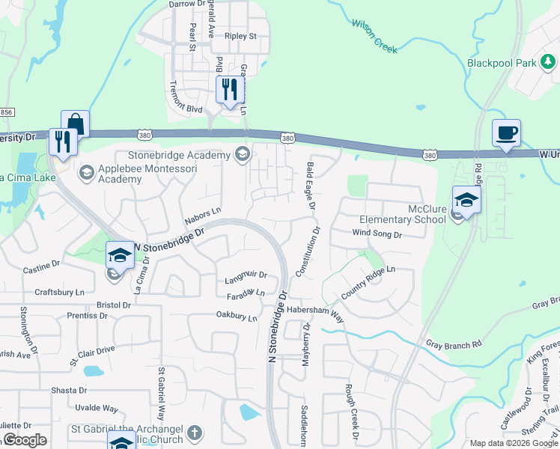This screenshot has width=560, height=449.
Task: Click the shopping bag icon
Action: pos(75,123)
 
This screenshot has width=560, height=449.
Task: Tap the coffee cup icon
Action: pos(506,132)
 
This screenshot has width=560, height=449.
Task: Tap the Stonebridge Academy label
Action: pos(179,155)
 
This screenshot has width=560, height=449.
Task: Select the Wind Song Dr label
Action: pos(377,234)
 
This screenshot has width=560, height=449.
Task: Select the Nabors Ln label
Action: pos(203,217)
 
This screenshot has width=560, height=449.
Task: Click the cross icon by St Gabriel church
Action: pos(195,433)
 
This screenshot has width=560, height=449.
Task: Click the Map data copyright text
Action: pos(514,443)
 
